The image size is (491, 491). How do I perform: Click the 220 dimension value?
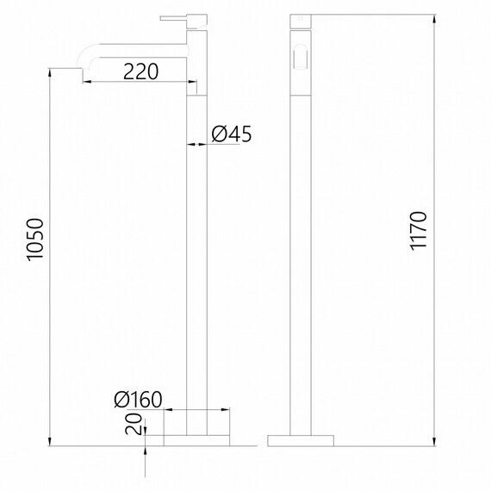[140, 72]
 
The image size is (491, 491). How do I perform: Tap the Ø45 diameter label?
[230, 134]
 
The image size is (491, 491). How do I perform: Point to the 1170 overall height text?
[419, 231]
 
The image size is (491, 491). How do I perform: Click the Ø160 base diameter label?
[138, 400]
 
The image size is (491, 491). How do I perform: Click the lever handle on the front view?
[173, 16]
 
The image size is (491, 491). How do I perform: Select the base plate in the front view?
[197, 439]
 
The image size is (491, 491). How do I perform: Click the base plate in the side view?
[300, 439]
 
